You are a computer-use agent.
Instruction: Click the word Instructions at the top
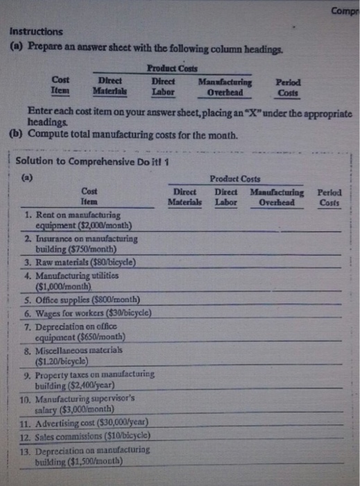[x=35, y=31]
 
